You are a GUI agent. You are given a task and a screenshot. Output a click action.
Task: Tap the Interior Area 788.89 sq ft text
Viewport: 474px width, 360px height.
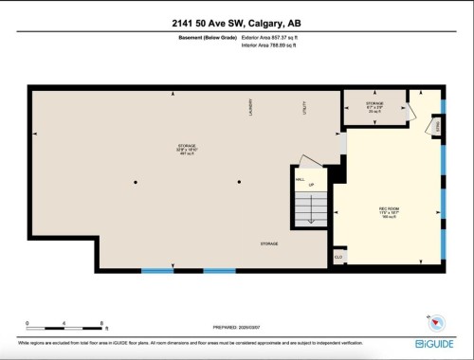coord(277,45)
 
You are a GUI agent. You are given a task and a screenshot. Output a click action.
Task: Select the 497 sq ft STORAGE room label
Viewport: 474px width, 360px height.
coord(186,149)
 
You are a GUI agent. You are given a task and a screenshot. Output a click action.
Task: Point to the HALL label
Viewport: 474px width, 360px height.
coord(300,177)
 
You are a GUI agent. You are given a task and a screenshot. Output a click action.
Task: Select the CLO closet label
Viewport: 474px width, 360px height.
coord(337,257)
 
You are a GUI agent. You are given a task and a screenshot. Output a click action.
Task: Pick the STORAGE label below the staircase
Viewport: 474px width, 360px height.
coord(270,244)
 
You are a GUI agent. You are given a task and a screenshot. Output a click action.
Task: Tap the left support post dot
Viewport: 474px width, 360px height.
coord(136,182)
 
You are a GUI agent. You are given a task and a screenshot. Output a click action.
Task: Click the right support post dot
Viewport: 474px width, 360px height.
coord(239,182)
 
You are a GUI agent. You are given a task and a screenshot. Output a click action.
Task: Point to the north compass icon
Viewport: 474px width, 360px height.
coord(438,320)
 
